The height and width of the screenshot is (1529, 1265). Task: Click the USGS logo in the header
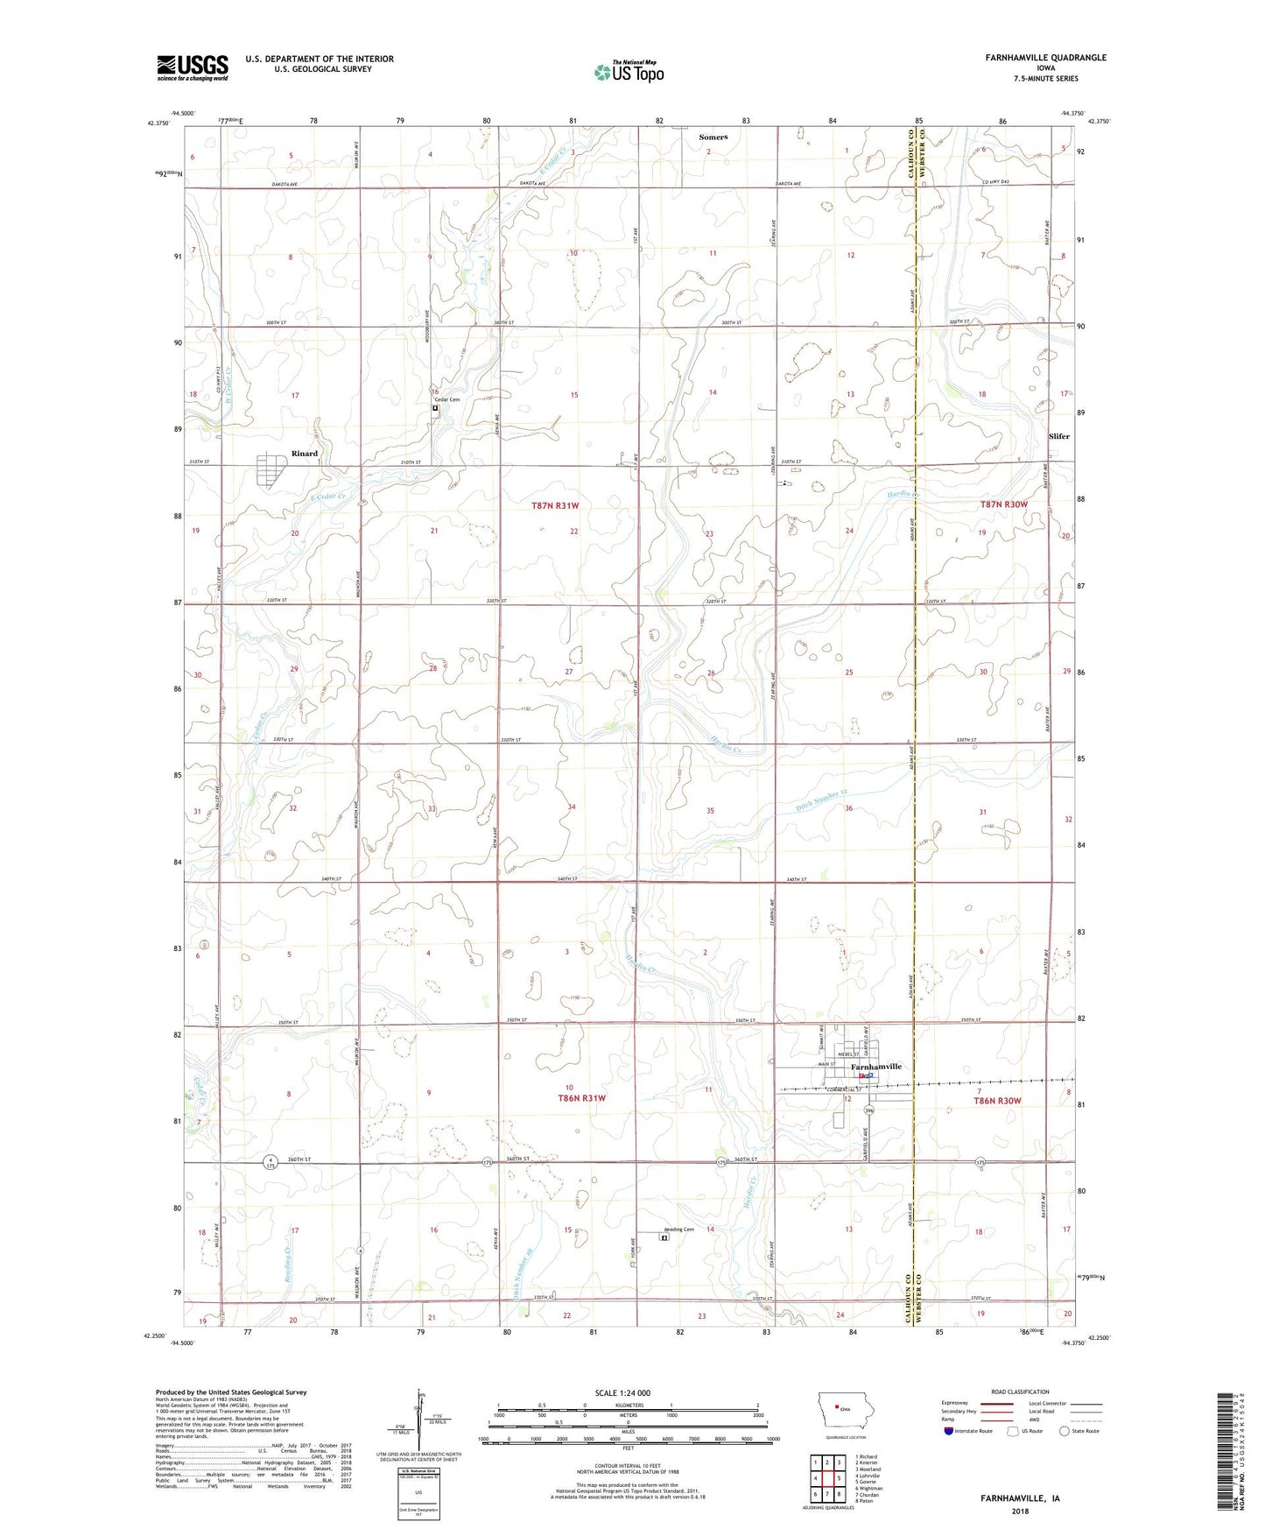coord(192,67)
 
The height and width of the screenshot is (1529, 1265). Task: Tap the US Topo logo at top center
coord(628,72)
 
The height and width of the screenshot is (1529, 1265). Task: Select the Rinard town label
coord(305,454)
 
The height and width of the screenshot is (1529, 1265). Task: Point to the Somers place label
coord(713,137)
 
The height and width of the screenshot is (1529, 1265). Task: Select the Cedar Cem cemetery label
coord(446,399)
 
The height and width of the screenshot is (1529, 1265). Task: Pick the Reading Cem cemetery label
coord(678,1230)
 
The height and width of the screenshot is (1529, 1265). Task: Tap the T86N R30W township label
coord(997,1101)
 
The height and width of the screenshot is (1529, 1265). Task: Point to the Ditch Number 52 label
coord(822,800)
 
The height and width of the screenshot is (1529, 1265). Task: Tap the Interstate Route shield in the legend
coord(949,1431)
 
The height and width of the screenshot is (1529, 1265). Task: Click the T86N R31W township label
coord(581,1098)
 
